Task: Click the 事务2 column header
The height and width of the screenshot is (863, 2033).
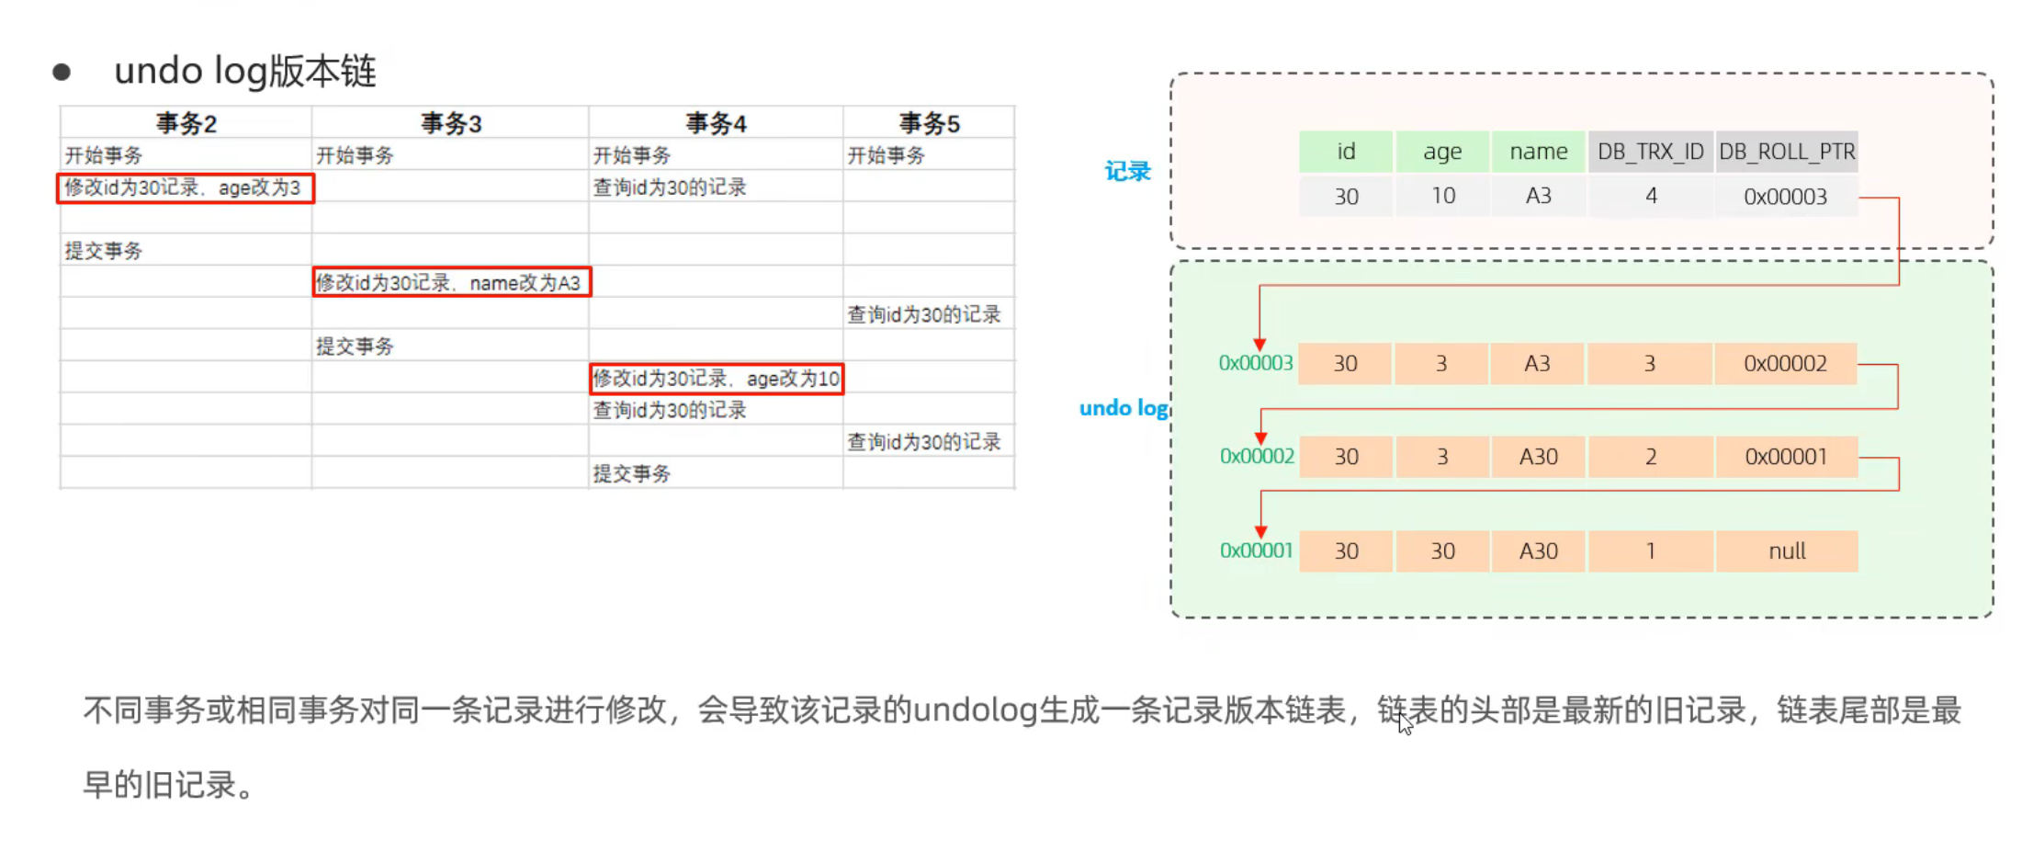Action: tap(186, 123)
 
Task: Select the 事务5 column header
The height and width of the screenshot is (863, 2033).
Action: tap(929, 123)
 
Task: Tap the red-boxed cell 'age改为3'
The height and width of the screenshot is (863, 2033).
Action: tap(185, 188)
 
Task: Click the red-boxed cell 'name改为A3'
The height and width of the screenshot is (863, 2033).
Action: tap(451, 282)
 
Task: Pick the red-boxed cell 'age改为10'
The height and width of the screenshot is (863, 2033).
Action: tap(716, 379)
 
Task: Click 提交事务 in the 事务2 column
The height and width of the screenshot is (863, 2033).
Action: tap(104, 251)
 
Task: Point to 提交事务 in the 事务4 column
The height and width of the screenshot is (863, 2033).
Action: tap(632, 474)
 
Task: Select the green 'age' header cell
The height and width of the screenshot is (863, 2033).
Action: tap(1441, 152)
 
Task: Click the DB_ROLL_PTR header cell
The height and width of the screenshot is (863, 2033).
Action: tap(1786, 152)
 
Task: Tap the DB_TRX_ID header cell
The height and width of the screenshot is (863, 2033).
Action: tap(1650, 152)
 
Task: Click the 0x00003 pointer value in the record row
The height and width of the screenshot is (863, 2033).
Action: tap(1785, 197)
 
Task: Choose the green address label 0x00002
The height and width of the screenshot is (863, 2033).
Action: tap(1256, 457)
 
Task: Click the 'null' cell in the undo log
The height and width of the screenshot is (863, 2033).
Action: tap(1787, 551)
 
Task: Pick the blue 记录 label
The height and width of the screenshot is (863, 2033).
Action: tap(1127, 171)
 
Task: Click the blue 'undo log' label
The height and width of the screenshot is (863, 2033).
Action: tap(1123, 408)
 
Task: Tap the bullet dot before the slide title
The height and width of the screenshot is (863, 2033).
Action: tap(62, 72)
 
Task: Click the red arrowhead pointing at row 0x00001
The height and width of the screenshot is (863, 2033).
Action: tap(1260, 532)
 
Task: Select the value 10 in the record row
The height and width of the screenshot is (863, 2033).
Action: tap(1442, 197)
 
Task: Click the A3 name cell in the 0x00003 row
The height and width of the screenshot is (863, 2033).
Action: tap(1537, 364)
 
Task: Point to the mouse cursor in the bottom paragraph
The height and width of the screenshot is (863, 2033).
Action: tap(1405, 724)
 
